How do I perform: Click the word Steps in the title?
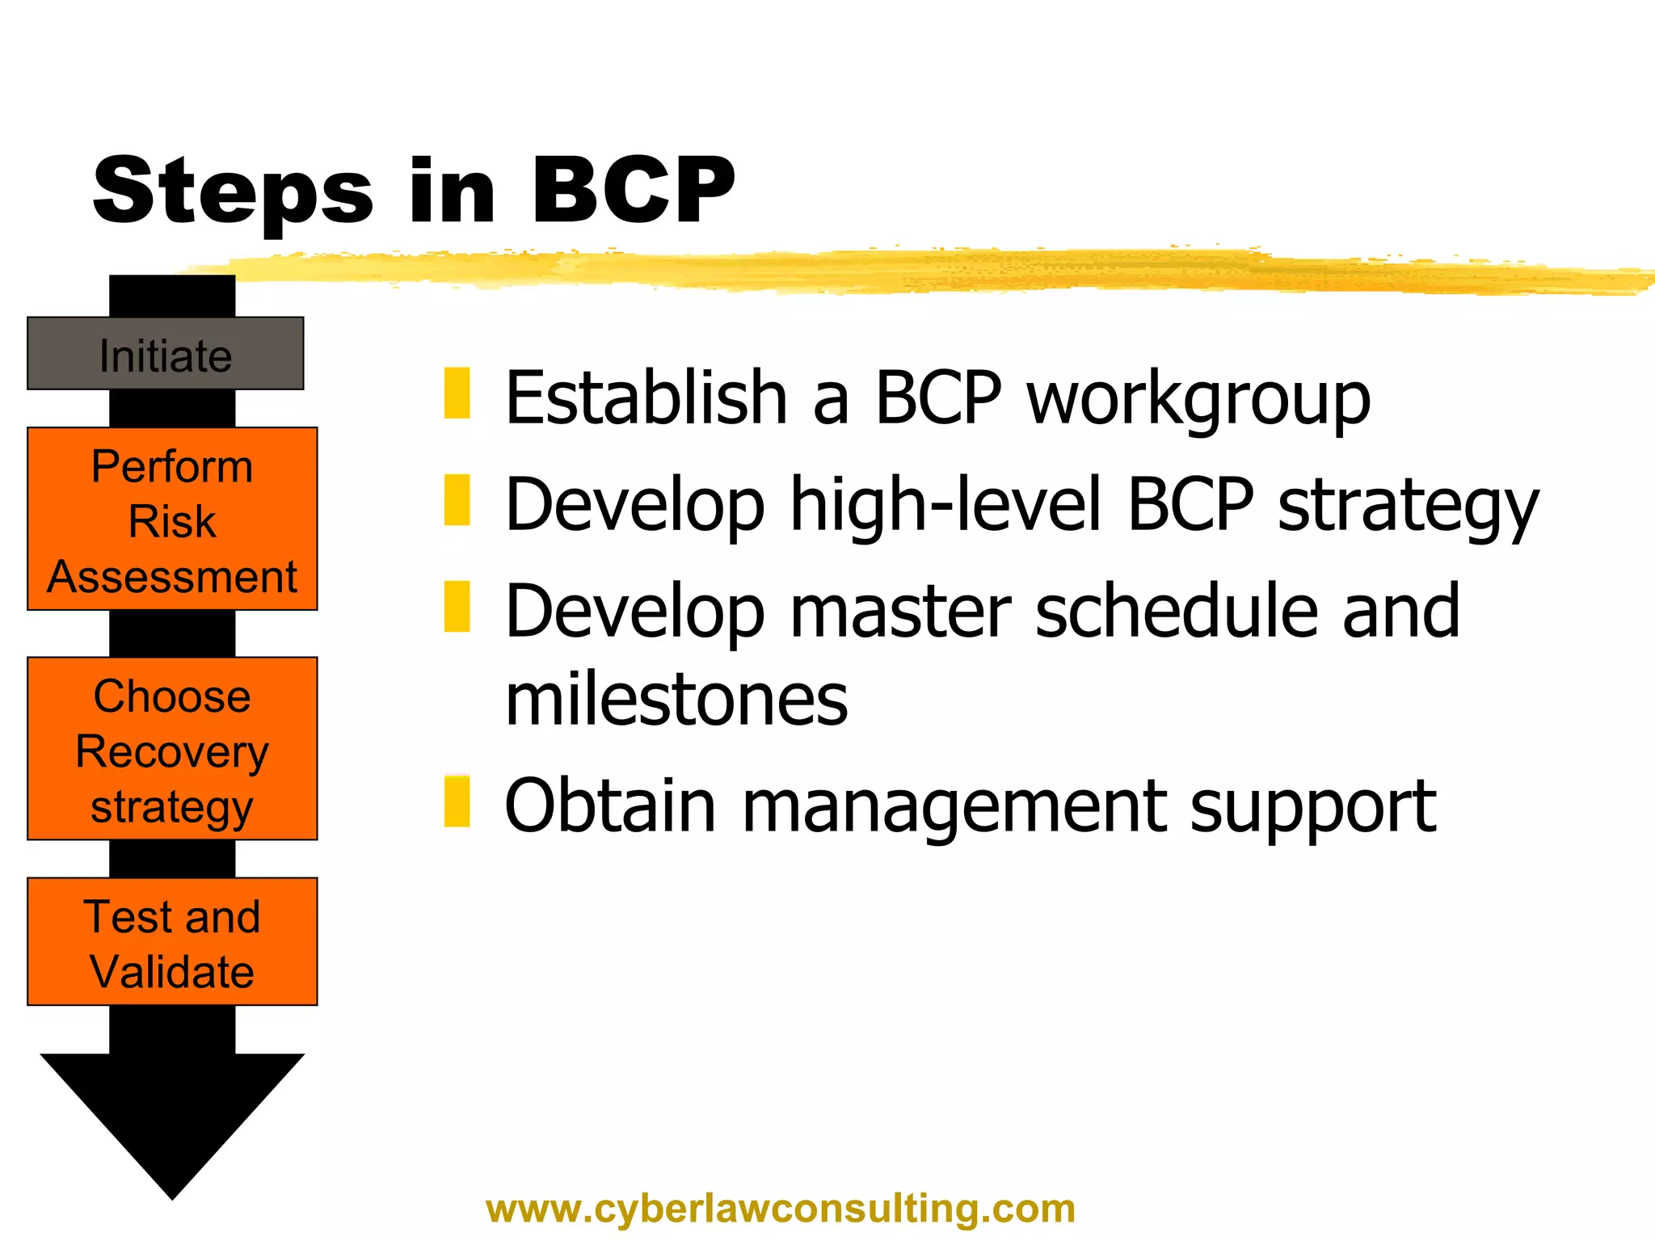tap(233, 191)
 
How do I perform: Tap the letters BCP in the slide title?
tap(632, 191)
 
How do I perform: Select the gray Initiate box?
tap(166, 355)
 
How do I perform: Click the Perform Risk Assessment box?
tap(172, 519)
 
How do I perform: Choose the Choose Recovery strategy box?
tap(172, 749)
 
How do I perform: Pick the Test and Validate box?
tap(172, 942)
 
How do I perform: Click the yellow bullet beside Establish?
tap(457, 393)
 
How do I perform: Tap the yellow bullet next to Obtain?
tap(457, 801)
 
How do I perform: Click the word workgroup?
tap(1198, 398)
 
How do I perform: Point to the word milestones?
tap(676, 699)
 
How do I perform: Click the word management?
tap(954, 806)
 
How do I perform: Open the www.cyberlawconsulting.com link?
tap(781, 1209)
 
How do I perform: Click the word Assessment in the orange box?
tap(172, 577)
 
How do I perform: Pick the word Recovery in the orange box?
tap(172, 752)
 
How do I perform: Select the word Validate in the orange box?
tap(172, 971)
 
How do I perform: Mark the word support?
tap(1313, 806)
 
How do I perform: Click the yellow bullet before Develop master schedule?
tap(457, 606)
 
